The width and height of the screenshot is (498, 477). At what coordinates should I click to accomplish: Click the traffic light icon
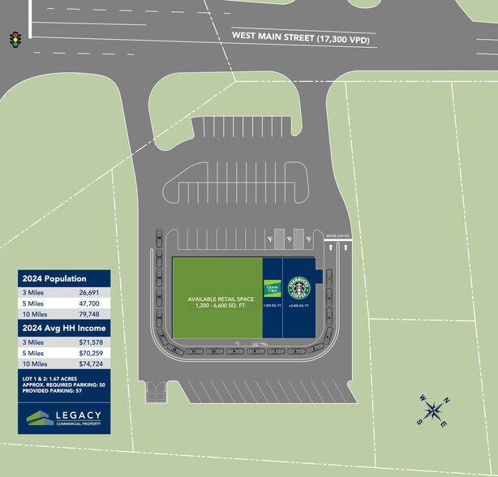point(14,39)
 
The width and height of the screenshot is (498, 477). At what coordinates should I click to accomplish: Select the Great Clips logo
point(272,288)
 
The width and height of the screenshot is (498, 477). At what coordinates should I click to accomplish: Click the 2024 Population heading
point(54,278)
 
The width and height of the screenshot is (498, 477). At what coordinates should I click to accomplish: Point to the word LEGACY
point(79,415)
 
